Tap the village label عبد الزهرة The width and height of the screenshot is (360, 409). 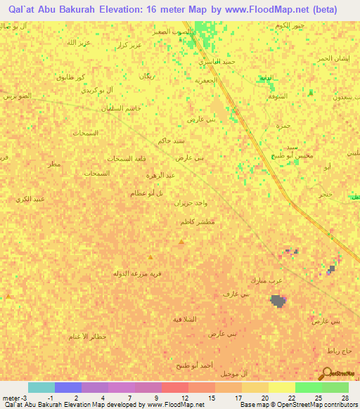[160, 175]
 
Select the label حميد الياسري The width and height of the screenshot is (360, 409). [220, 62]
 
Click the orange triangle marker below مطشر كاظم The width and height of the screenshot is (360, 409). [181, 242]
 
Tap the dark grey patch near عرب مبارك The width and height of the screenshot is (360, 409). [278, 301]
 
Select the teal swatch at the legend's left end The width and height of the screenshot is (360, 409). [41, 387]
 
